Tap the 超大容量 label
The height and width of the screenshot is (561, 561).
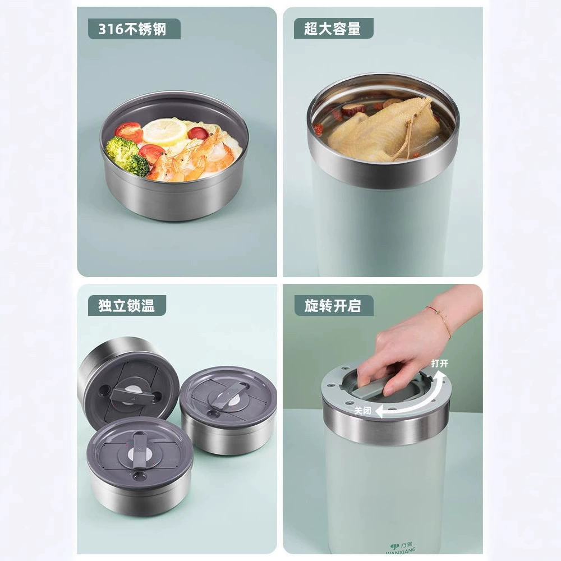pos(333,29)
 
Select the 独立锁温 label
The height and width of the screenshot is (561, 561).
pos(127,306)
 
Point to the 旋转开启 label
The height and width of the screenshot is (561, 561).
pos(334,306)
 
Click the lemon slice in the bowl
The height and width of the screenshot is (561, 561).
pos(164,131)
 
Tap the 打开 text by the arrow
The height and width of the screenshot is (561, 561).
pos(439,364)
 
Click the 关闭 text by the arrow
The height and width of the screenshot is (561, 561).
pos(363,411)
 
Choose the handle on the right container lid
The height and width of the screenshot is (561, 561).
pos(228,396)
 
